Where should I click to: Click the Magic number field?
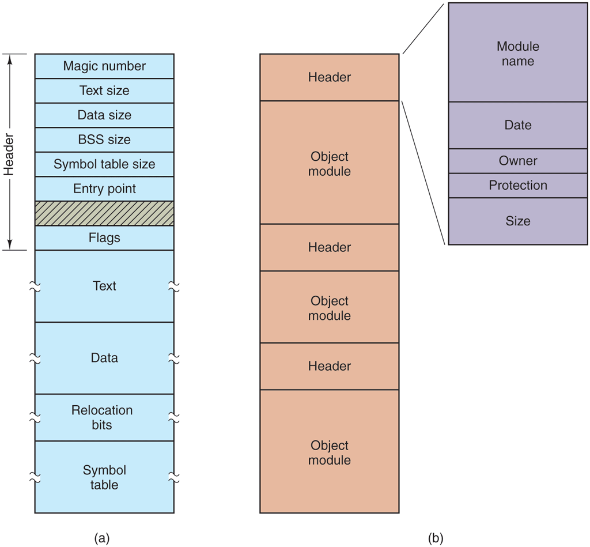click(104, 66)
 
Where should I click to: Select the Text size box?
click(104, 90)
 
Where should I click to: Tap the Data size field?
click(104, 115)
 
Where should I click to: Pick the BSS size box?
click(104, 139)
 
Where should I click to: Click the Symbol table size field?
click(104, 164)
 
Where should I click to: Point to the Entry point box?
click(104, 188)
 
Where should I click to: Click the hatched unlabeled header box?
click(104, 213)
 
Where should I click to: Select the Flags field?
click(104, 237)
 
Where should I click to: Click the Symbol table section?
click(104, 477)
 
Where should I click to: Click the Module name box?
click(518, 53)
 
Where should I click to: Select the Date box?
click(518, 125)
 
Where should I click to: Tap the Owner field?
click(518, 161)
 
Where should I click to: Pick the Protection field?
click(518, 186)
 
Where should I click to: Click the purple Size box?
click(518, 221)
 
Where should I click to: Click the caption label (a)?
click(101, 538)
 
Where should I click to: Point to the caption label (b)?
click(436, 538)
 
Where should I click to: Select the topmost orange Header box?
click(330, 77)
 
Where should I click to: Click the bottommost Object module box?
click(330, 452)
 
